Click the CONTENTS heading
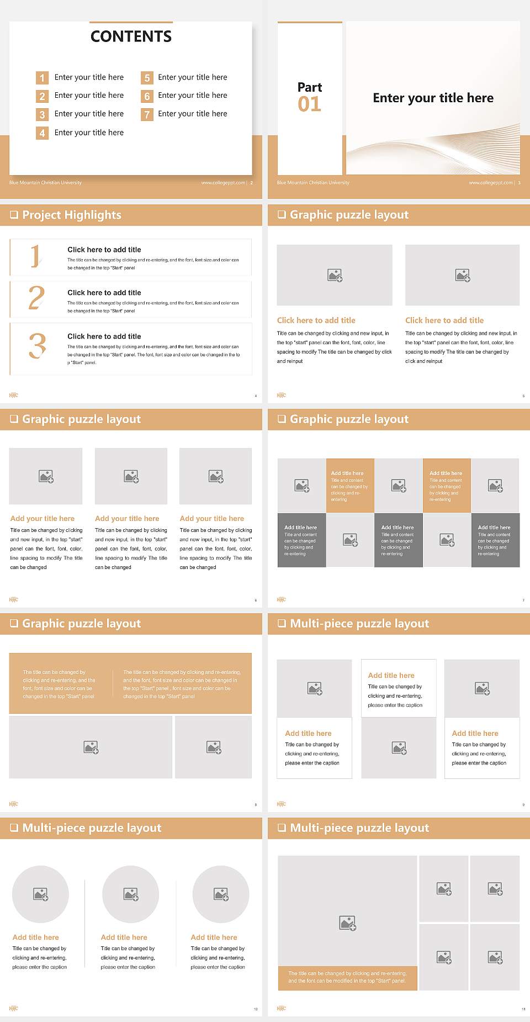pos(131,36)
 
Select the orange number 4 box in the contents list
pos(42,133)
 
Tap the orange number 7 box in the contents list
pos(147,114)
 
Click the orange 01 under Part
pos(309,104)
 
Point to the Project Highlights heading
pos(72,215)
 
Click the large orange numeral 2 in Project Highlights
pos(36,298)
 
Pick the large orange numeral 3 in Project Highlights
pos(38,346)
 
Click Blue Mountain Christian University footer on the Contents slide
pos(45,183)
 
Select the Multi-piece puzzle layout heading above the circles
pos(92,828)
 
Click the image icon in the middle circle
pos(131,894)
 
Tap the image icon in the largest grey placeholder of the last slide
pos(347,923)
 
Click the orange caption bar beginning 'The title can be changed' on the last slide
pos(347,977)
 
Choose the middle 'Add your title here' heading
pos(127,519)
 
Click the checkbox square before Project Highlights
pos(14,215)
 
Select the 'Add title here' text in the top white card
pos(391,676)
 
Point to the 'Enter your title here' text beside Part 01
pos(433,98)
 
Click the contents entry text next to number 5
pos(192,77)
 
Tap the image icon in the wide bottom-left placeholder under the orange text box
pos(91,747)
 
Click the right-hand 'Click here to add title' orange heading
pos(444,320)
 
